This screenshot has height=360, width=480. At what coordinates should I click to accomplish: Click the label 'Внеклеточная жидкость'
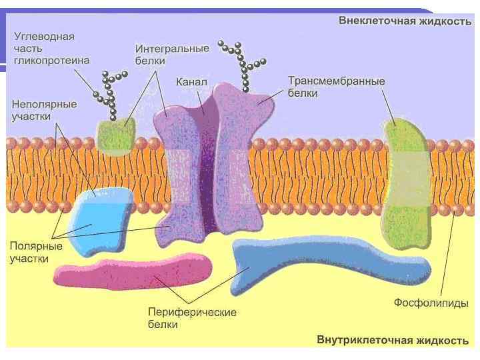pos(405,21)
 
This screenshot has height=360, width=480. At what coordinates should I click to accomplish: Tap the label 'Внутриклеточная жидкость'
pos(393,341)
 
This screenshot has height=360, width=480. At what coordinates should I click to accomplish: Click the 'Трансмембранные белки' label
pos(336,87)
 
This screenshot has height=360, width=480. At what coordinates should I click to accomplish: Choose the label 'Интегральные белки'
pos(172,55)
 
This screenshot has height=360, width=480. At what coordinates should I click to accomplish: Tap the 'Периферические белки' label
pos(192,318)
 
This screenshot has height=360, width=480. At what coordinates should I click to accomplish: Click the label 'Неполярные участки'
pos(44,110)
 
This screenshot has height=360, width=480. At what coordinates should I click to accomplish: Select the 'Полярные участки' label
pos(36,252)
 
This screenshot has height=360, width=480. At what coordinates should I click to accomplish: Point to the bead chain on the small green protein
pos(109,93)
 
